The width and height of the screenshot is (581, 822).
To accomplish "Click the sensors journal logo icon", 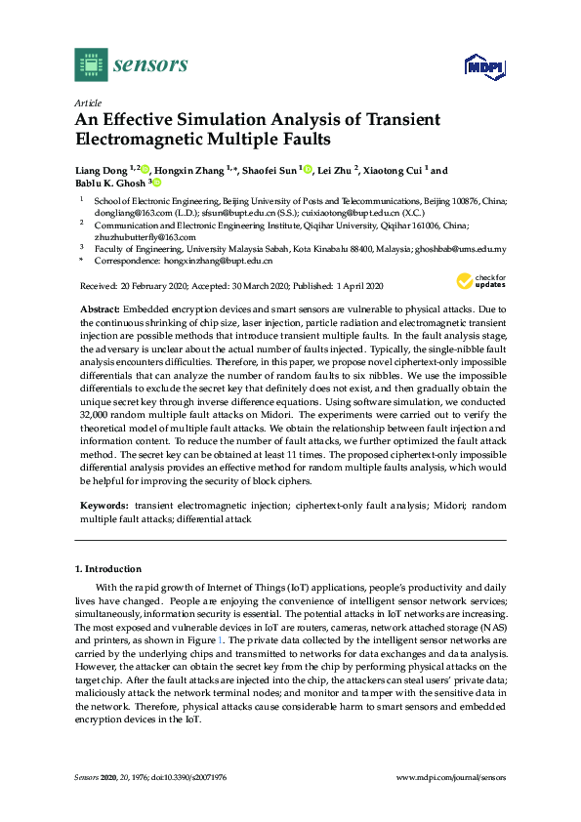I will point(90,64).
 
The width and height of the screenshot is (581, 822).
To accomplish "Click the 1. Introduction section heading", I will point(108,568).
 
